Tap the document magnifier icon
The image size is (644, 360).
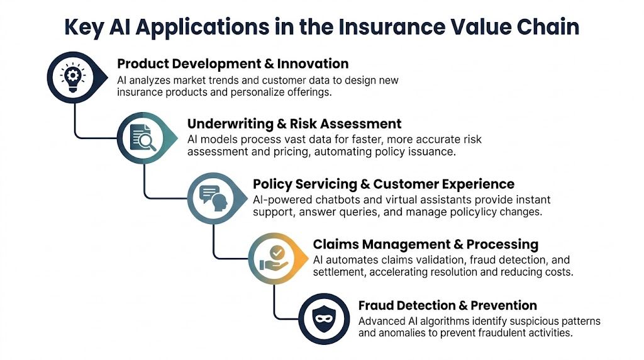point(143,137)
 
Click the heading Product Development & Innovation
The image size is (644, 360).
point(233,64)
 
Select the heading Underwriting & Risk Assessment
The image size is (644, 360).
point(294,123)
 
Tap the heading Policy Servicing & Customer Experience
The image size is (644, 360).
point(384,184)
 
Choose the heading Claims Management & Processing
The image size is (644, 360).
point(426,244)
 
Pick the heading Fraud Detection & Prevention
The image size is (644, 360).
point(447,305)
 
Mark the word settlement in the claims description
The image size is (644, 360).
point(339,273)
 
